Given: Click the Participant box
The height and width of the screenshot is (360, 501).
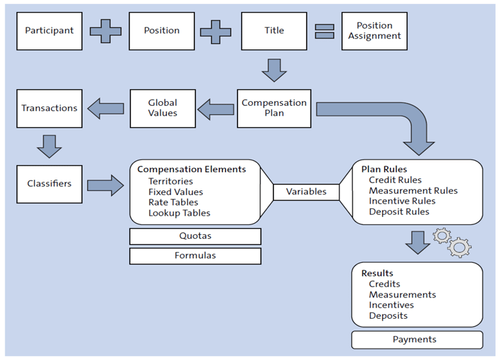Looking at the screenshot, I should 49,31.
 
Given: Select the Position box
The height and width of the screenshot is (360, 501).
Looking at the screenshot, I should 162,31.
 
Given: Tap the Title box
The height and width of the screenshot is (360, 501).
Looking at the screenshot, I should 273,31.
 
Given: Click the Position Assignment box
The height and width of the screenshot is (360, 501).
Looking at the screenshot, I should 375,31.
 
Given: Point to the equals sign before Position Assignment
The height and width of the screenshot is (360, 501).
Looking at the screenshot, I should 324,31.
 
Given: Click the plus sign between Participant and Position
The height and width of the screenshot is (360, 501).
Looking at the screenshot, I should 106,31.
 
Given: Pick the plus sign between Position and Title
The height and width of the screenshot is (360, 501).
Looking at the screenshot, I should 218,31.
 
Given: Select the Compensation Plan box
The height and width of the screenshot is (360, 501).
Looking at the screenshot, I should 273,108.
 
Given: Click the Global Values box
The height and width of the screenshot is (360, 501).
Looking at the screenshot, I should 162,108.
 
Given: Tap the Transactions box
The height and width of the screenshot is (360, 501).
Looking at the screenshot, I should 49,108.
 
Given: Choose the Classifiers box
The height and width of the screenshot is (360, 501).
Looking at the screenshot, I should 49,184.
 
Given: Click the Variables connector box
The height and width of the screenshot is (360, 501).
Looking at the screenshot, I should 306,192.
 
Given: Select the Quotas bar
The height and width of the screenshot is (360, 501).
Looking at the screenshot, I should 195,236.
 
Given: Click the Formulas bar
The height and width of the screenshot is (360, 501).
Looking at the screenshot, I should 195,256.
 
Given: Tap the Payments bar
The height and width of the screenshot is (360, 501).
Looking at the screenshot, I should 417,340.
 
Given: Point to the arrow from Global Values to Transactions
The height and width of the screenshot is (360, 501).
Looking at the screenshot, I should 106,108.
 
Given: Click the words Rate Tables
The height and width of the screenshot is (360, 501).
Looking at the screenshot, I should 173,202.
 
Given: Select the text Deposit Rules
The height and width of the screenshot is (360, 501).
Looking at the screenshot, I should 399,212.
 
